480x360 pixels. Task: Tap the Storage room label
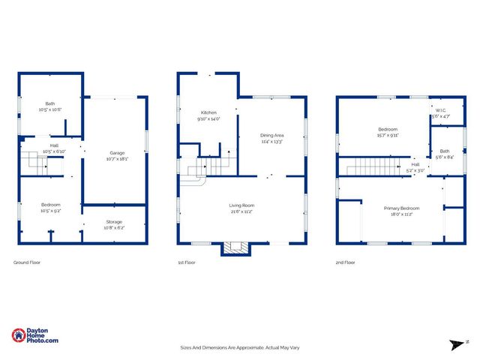114,222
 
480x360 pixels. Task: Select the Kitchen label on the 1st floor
208,113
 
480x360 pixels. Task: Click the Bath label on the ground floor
50,104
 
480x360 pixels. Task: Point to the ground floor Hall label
54,145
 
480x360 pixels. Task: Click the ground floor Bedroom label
51,205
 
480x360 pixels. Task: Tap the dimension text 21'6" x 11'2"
241,211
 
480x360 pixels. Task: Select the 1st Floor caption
186,262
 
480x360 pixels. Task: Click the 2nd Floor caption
346,262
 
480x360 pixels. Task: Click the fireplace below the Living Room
234,248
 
